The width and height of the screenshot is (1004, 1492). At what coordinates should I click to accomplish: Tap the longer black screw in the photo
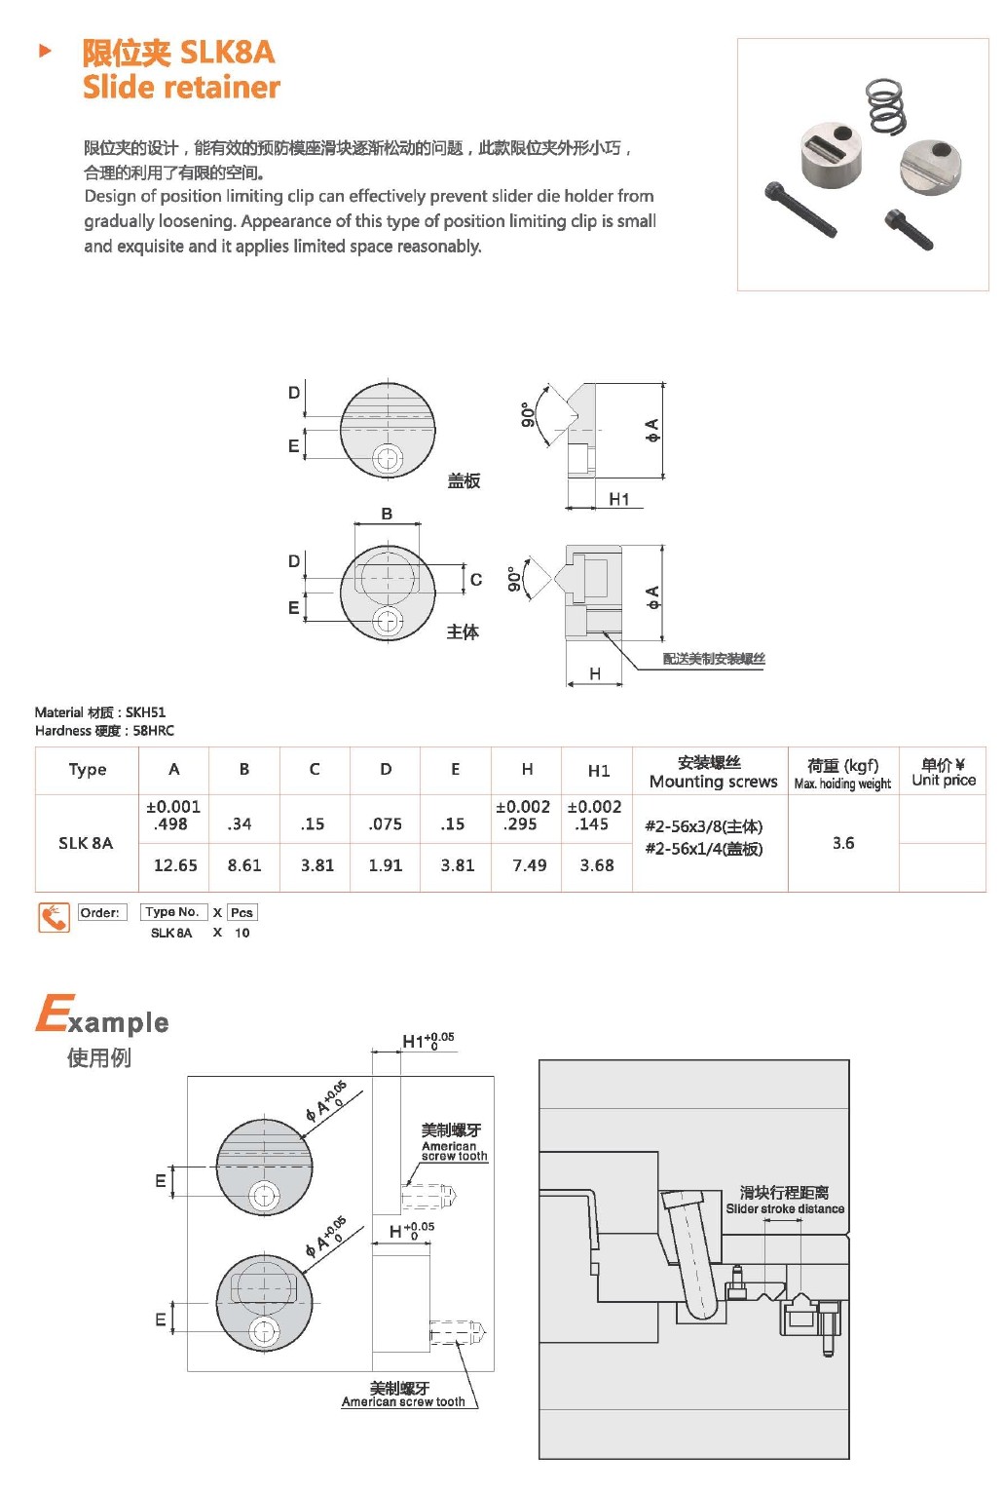[800, 210]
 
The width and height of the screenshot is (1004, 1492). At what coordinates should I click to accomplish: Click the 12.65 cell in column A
[175, 865]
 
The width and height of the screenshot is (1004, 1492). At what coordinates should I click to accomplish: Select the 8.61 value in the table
[244, 865]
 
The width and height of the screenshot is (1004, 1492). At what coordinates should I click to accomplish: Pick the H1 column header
[598, 771]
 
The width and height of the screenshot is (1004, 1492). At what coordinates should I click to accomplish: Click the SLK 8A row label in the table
[86, 843]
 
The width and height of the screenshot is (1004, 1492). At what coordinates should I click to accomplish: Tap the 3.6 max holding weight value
[843, 843]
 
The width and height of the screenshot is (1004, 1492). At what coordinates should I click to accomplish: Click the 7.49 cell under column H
[529, 865]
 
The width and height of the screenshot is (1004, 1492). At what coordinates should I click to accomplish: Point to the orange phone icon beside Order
[55, 917]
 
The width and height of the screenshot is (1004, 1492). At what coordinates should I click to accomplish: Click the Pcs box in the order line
[242, 913]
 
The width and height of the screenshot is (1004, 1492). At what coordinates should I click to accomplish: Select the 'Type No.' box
[172, 912]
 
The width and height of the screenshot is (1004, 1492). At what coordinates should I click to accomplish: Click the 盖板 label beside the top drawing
[464, 480]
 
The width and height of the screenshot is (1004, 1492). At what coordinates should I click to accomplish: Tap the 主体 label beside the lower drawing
[463, 632]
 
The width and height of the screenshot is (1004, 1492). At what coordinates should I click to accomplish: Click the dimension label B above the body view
[387, 514]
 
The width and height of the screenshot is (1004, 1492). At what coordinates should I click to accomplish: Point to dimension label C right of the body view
[476, 580]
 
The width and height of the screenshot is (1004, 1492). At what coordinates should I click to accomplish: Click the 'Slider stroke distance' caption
[785, 1208]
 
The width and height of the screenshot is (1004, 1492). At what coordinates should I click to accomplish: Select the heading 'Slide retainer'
[181, 88]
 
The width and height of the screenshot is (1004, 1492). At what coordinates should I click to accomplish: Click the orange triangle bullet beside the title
[45, 51]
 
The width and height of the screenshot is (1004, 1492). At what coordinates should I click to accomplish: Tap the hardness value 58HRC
[154, 731]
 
